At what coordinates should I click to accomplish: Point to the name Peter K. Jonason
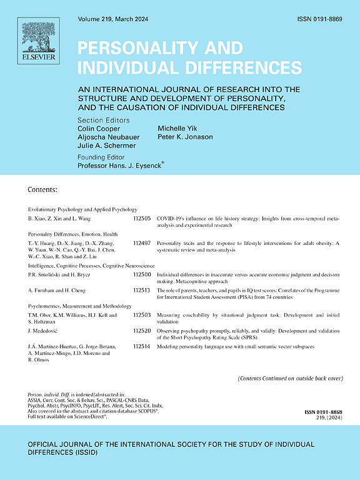tap(186, 139)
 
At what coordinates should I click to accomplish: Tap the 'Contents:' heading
tap(43, 189)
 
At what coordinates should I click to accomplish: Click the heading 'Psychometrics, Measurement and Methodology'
tap(80, 307)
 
